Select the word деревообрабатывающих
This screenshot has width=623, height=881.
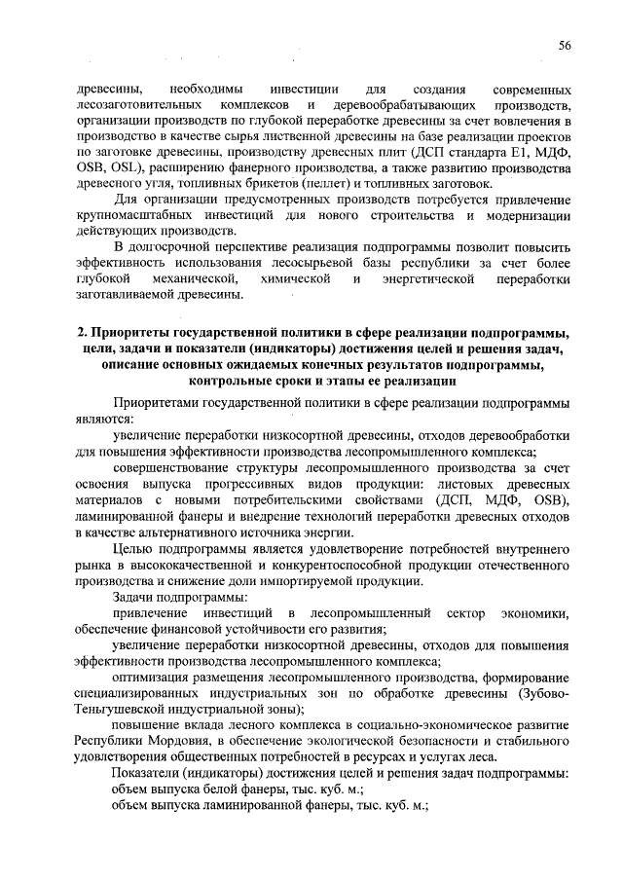[404, 103]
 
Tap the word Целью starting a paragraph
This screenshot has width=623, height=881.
[133, 548]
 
